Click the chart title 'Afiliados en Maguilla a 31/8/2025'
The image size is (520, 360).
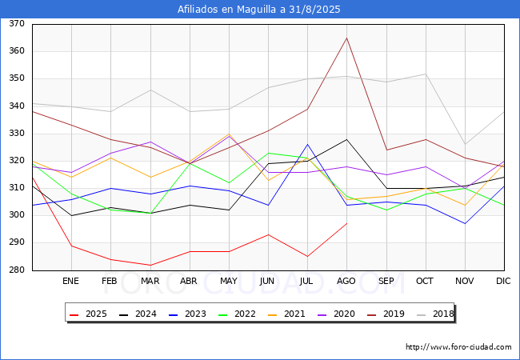(x=259, y=10)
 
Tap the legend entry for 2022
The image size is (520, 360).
(x=239, y=313)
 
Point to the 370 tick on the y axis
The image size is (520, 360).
(x=17, y=24)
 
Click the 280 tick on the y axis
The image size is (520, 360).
(x=17, y=270)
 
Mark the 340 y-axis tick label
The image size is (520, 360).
(x=17, y=106)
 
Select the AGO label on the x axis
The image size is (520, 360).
(x=346, y=282)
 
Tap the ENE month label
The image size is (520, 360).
(x=71, y=282)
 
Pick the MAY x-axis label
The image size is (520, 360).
(x=229, y=282)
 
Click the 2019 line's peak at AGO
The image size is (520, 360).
(x=346, y=38)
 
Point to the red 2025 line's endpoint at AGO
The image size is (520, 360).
(x=346, y=223)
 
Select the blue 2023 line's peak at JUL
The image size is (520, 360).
(x=307, y=144)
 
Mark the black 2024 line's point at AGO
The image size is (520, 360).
(x=346, y=139)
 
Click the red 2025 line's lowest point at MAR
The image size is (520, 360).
(x=150, y=265)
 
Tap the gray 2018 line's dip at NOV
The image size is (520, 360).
(x=465, y=144)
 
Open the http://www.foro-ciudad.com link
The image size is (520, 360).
(x=458, y=347)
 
